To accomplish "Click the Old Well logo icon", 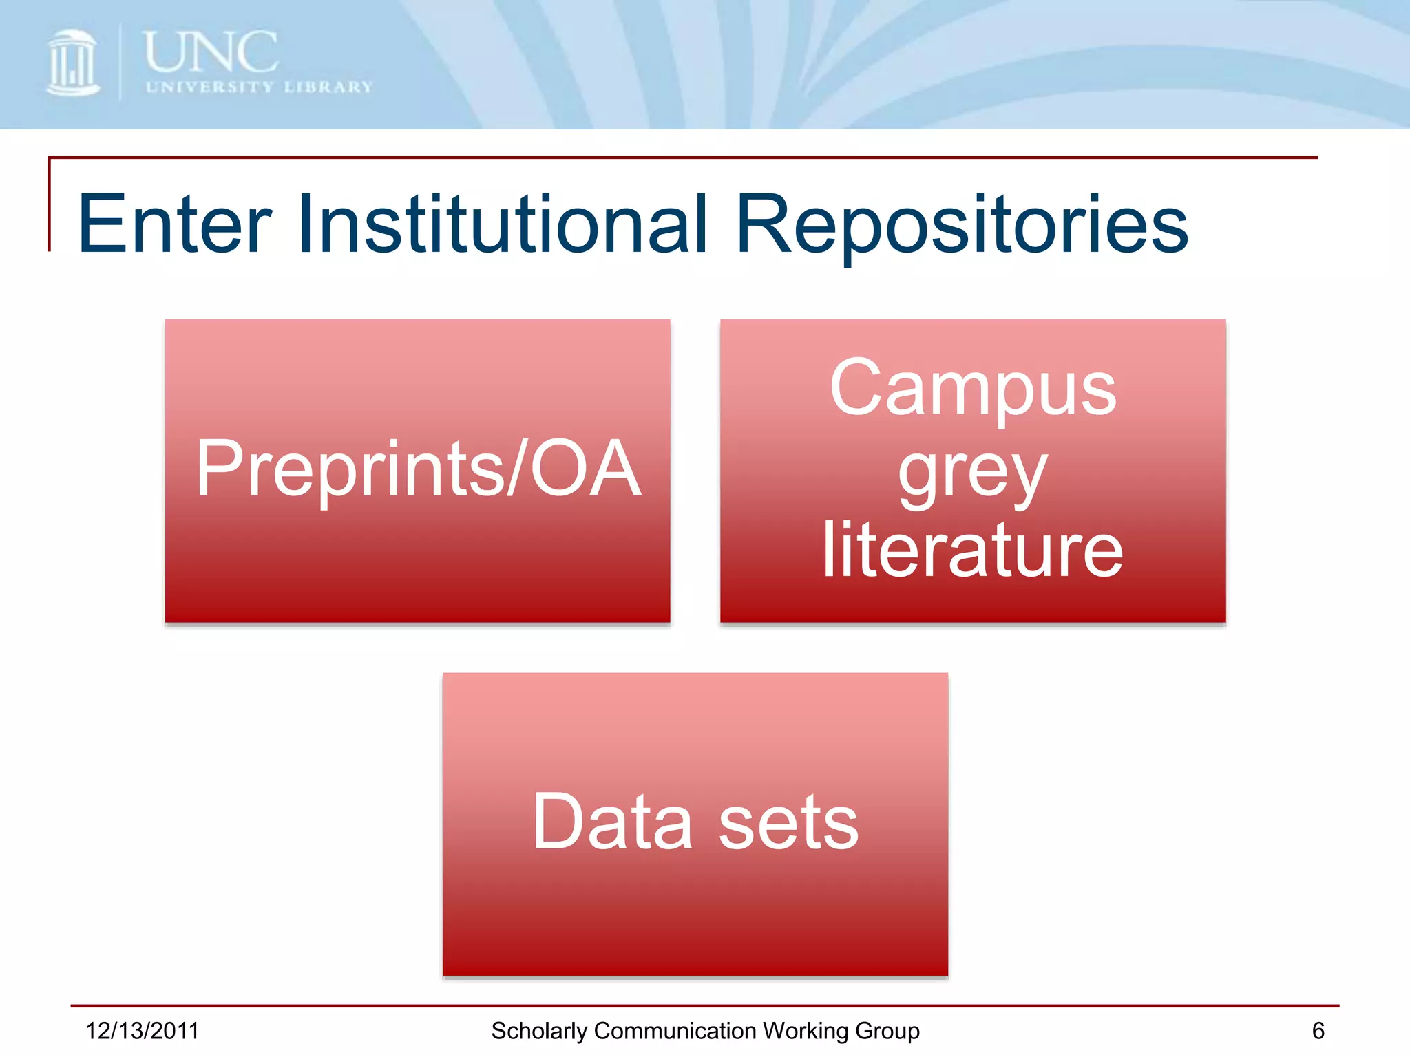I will pyautogui.click(x=72, y=63).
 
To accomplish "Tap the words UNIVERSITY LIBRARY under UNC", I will pyautogui.click(x=259, y=87).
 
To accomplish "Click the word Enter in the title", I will pyautogui.click(x=175, y=224).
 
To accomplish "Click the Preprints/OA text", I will pyautogui.click(x=418, y=469).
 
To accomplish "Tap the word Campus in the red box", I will pyautogui.click(x=973, y=389).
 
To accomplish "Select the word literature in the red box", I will pyautogui.click(x=973, y=551).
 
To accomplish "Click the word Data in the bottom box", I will pyautogui.click(x=612, y=822).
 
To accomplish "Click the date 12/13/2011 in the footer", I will pyautogui.click(x=142, y=1031).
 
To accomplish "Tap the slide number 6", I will pyautogui.click(x=1318, y=1031).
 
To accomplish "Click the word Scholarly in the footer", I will pyautogui.click(x=539, y=1032).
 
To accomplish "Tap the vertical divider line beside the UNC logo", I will pyautogui.click(x=120, y=62).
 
